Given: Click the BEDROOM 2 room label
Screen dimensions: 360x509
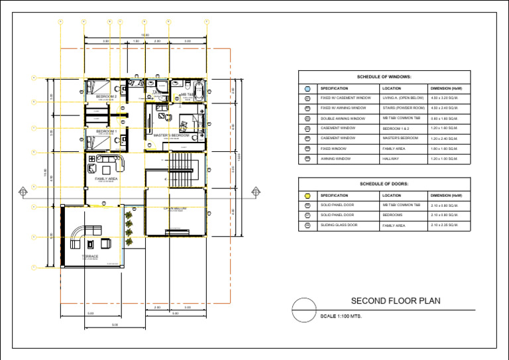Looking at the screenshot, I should click(106, 97).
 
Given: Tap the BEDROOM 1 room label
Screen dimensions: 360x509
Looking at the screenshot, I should click(106, 131).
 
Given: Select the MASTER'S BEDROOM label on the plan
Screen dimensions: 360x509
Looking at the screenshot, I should click(171, 135).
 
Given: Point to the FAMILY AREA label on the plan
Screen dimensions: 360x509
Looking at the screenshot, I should click(106, 179).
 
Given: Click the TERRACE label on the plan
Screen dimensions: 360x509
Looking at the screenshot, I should click(90, 256).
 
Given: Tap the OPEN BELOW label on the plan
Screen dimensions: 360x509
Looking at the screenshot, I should click(175, 208).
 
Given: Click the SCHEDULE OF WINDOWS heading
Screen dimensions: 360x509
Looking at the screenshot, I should click(384, 77).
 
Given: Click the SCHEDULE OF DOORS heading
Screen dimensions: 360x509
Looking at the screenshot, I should click(384, 184).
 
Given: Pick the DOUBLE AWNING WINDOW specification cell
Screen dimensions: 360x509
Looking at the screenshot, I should click(343, 118).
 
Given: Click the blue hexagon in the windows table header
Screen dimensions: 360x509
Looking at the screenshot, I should click(308, 88).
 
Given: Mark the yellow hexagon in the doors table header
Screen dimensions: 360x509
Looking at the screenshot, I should click(308, 196).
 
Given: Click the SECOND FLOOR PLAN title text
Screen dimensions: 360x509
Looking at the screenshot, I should click(395, 301).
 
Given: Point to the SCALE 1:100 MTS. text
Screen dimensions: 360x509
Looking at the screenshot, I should click(341, 316).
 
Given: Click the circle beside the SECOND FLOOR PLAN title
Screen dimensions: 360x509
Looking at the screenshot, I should click(304, 310).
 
